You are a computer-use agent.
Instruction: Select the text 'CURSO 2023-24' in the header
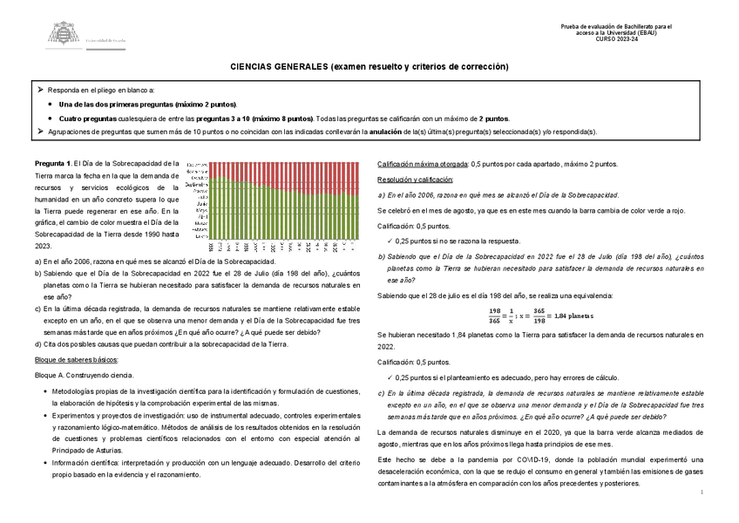point(615,40)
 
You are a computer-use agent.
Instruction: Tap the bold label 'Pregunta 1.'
point(53,163)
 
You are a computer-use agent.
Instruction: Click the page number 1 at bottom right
point(702,493)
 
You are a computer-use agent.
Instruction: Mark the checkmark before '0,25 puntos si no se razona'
point(389,241)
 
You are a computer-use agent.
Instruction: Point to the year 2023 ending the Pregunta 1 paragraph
point(43,248)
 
